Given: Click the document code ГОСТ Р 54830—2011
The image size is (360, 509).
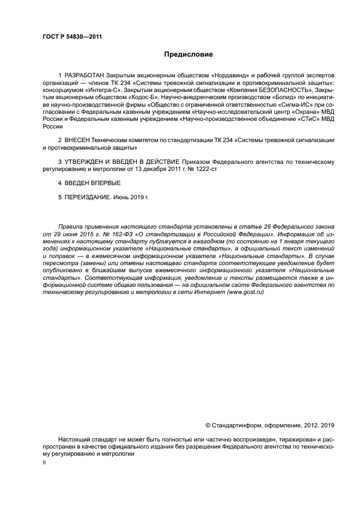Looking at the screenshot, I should point(72,37).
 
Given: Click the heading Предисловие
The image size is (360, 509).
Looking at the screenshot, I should point(188,55).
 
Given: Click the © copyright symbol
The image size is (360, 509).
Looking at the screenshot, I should point(208,425).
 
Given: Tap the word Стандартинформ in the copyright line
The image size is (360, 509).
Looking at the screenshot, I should point(235,425).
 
